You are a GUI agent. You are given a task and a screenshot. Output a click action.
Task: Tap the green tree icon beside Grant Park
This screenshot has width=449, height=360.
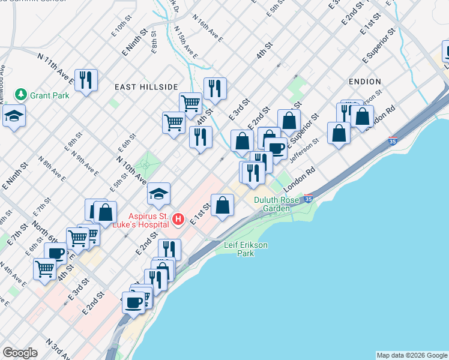tap(22, 95)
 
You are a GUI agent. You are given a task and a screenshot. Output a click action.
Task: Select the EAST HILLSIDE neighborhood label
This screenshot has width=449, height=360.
tap(146, 87)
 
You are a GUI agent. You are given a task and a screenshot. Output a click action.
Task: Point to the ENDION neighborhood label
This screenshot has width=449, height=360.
tap(364, 81)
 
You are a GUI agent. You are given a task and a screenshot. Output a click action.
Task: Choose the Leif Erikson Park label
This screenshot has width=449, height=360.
tap(246, 249)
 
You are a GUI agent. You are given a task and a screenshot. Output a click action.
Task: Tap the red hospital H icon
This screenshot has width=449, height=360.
tap(178, 220)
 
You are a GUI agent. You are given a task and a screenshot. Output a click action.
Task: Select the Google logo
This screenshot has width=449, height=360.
tap(20, 353)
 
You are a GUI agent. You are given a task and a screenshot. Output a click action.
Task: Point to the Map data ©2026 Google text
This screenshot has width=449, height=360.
tap(411, 355)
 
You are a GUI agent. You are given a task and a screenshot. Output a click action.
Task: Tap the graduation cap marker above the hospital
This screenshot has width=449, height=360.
tap(158, 194)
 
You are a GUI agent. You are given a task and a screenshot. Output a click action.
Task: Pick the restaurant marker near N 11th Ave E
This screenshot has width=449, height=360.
tap(86, 80)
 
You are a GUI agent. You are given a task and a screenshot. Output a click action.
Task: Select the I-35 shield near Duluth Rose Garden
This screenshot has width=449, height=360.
tap(308, 199)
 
